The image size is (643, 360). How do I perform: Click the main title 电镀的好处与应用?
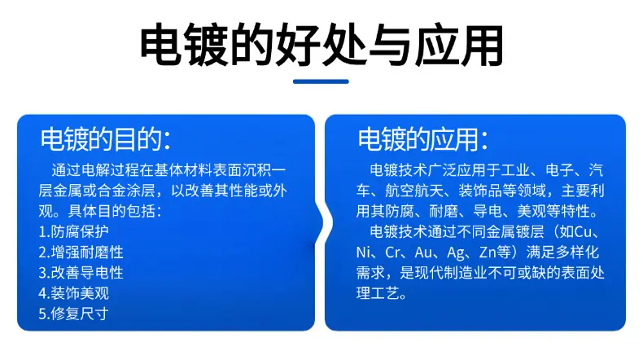coord(321,46)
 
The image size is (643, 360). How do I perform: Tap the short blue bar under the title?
coord(321,81)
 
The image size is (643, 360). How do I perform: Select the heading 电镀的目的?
coord(105,139)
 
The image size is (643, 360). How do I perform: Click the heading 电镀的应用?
coord(422,139)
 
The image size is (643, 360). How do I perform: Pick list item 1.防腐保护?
coord(74,231)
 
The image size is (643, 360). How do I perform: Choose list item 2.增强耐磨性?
coord(81,252)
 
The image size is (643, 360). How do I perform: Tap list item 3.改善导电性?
coord(81,273)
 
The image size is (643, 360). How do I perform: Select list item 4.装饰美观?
coord(74,293)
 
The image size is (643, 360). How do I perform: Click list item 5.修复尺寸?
coord(74,314)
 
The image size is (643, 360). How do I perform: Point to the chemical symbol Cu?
coord(583,232)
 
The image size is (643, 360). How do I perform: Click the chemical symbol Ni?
coord(363,252)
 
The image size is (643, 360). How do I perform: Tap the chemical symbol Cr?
coord(392,252)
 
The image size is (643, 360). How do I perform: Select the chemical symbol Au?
coord(423,252)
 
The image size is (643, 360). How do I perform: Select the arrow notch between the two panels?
coord(324,222)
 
